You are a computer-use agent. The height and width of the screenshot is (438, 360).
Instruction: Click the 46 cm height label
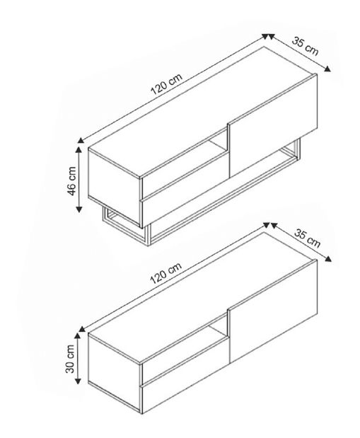(x=71, y=183)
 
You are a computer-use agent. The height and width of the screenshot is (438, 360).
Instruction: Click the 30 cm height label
(x=71, y=358)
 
